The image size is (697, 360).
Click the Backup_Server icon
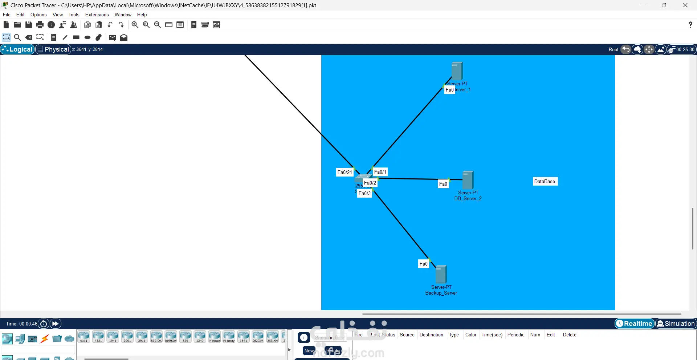click(441, 274)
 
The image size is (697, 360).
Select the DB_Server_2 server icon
click(468, 180)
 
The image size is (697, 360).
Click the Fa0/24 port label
click(345, 172)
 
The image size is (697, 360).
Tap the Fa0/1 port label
click(380, 172)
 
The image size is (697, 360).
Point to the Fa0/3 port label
click(364, 193)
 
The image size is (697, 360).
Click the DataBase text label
click(545, 181)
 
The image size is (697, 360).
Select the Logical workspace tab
click(17, 49)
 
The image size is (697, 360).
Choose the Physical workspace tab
click(53, 49)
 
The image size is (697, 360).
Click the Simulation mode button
click(676, 323)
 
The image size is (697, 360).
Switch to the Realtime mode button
click(634, 323)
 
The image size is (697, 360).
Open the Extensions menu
click(97, 15)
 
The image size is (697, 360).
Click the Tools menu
click(74, 15)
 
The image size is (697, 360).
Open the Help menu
click(142, 15)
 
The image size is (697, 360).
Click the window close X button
click(685, 5)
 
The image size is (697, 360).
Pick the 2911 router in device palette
click(142, 336)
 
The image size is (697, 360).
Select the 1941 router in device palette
click(113, 336)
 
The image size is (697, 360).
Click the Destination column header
click(431, 335)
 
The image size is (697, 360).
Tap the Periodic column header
click(516, 335)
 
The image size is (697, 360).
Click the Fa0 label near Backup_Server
click(423, 264)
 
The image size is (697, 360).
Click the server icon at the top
click(457, 70)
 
